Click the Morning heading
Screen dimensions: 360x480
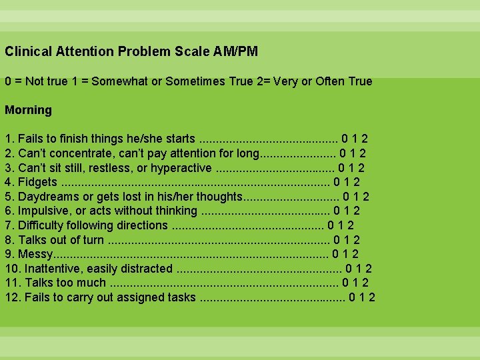[x=28, y=110]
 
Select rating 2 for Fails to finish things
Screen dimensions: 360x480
[x=365, y=139]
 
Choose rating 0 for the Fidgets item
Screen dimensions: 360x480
[x=337, y=182]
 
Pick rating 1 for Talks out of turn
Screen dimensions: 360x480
[x=347, y=240]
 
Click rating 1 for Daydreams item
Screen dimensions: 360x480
[x=356, y=197]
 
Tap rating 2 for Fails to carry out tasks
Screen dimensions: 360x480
[x=371, y=297]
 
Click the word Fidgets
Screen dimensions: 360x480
[x=37, y=182]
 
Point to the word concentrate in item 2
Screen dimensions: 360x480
[x=79, y=153]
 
